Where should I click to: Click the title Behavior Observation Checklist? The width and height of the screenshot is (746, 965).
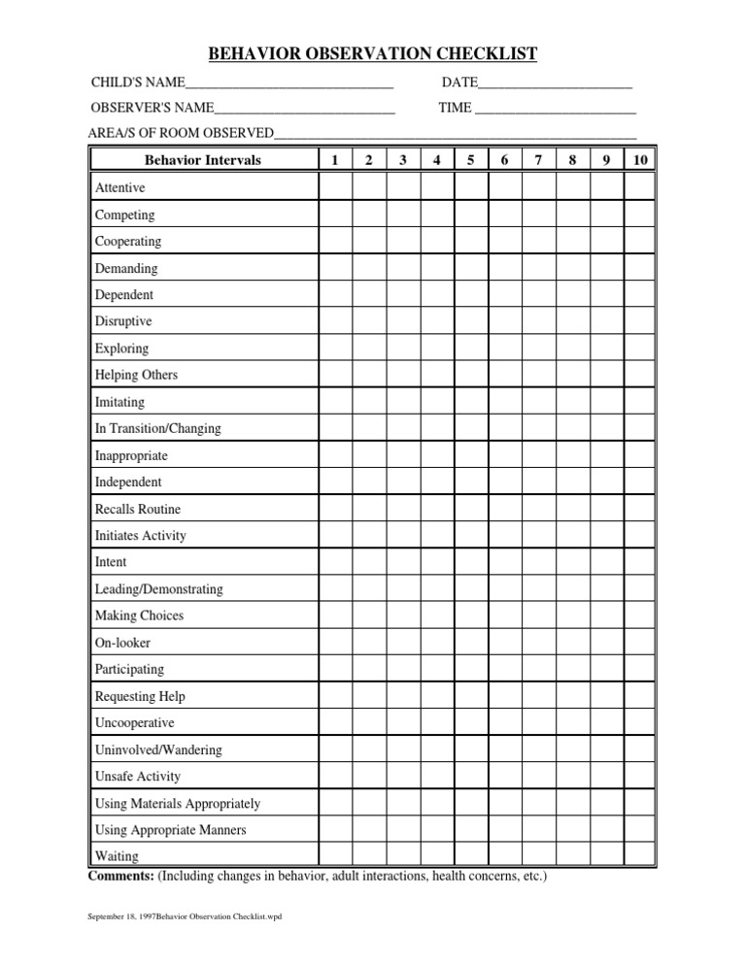tap(373, 53)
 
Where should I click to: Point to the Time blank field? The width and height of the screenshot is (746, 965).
tap(555, 108)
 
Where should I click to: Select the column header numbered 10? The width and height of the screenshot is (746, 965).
tap(640, 160)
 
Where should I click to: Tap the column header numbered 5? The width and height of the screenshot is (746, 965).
tap(471, 160)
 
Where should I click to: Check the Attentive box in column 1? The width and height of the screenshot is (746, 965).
tap(335, 187)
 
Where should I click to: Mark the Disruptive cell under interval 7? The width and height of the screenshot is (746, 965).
tap(539, 321)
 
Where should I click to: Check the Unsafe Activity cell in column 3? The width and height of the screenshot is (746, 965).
tap(403, 777)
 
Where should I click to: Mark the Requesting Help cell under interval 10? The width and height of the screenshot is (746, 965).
tap(640, 696)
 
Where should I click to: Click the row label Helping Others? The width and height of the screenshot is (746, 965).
tap(136, 375)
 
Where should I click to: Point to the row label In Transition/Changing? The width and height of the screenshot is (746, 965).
tap(157, 428)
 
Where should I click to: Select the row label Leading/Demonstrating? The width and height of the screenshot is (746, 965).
tap(158, 589)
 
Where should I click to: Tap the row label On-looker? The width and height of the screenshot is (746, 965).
tap(122, 643)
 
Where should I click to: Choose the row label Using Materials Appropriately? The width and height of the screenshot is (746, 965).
tap(177, 804)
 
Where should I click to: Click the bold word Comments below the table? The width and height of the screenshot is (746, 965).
tap(120, 877)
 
